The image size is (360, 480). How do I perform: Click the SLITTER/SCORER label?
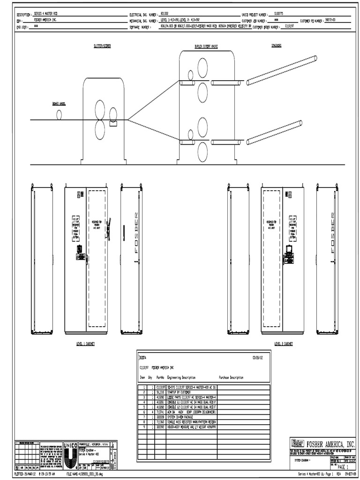pyautogui.click(x=103, y=47)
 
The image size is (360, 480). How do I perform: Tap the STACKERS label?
pyautogui.click(x=276, y=46)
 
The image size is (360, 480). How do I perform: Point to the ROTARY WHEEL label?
pyautogui.click(x=59, y=105)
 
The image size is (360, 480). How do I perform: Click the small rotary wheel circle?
pyautogui.click(x=59, y=114)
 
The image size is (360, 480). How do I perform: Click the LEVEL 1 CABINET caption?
pyautogui.click(x=86, y=344)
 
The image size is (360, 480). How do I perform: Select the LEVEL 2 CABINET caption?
pyautogui.click(x=284, y=344)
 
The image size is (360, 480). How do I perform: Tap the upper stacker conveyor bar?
pyautogui.click(x=282, y=71)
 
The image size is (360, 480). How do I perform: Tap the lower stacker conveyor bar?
pyautogui.click(x=274, y=133)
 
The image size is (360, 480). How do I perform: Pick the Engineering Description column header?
pyautogui.click(x=181, y=377)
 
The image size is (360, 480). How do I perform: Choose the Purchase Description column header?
pyautogui.click(x=231, y=377)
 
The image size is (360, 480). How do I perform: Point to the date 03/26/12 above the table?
pyautogui.click(x=258, y=357)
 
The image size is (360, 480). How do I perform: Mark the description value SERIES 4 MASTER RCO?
pyautogui.click(x=47, y=15)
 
